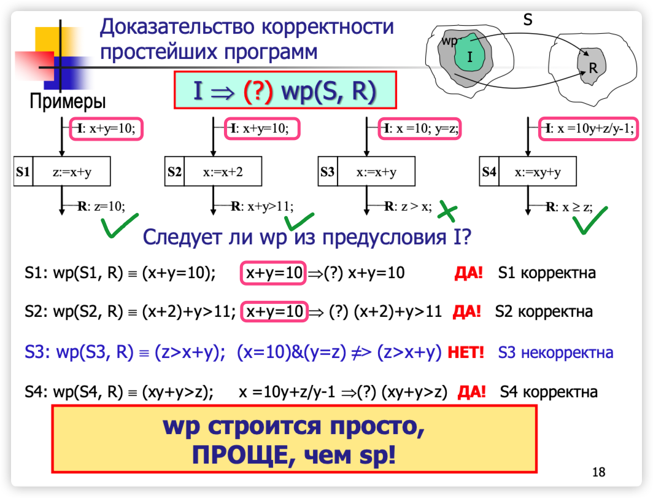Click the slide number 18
coord(598,472)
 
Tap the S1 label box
coord(23,172)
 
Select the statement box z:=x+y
coord(72,172)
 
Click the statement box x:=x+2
coord(223,172)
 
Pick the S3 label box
coord(327,172)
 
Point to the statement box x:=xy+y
coord(537,172)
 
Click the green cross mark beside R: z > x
coord(448,211)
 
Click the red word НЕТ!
coord(466,352)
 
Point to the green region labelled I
coord(470,56)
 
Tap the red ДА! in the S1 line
coord(468,272)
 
